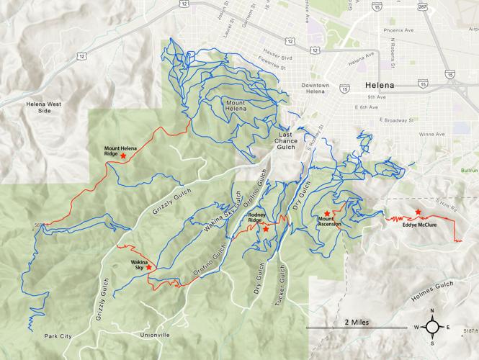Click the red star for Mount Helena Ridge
coord(123,155)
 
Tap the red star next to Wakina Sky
coord(149,267)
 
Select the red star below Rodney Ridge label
coord(266,229)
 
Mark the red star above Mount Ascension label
coord(327,213)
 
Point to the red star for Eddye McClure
coord(418,212)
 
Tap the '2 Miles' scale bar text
coord(357,322)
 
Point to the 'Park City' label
coord(58,336)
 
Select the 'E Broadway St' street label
coord(388,120)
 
